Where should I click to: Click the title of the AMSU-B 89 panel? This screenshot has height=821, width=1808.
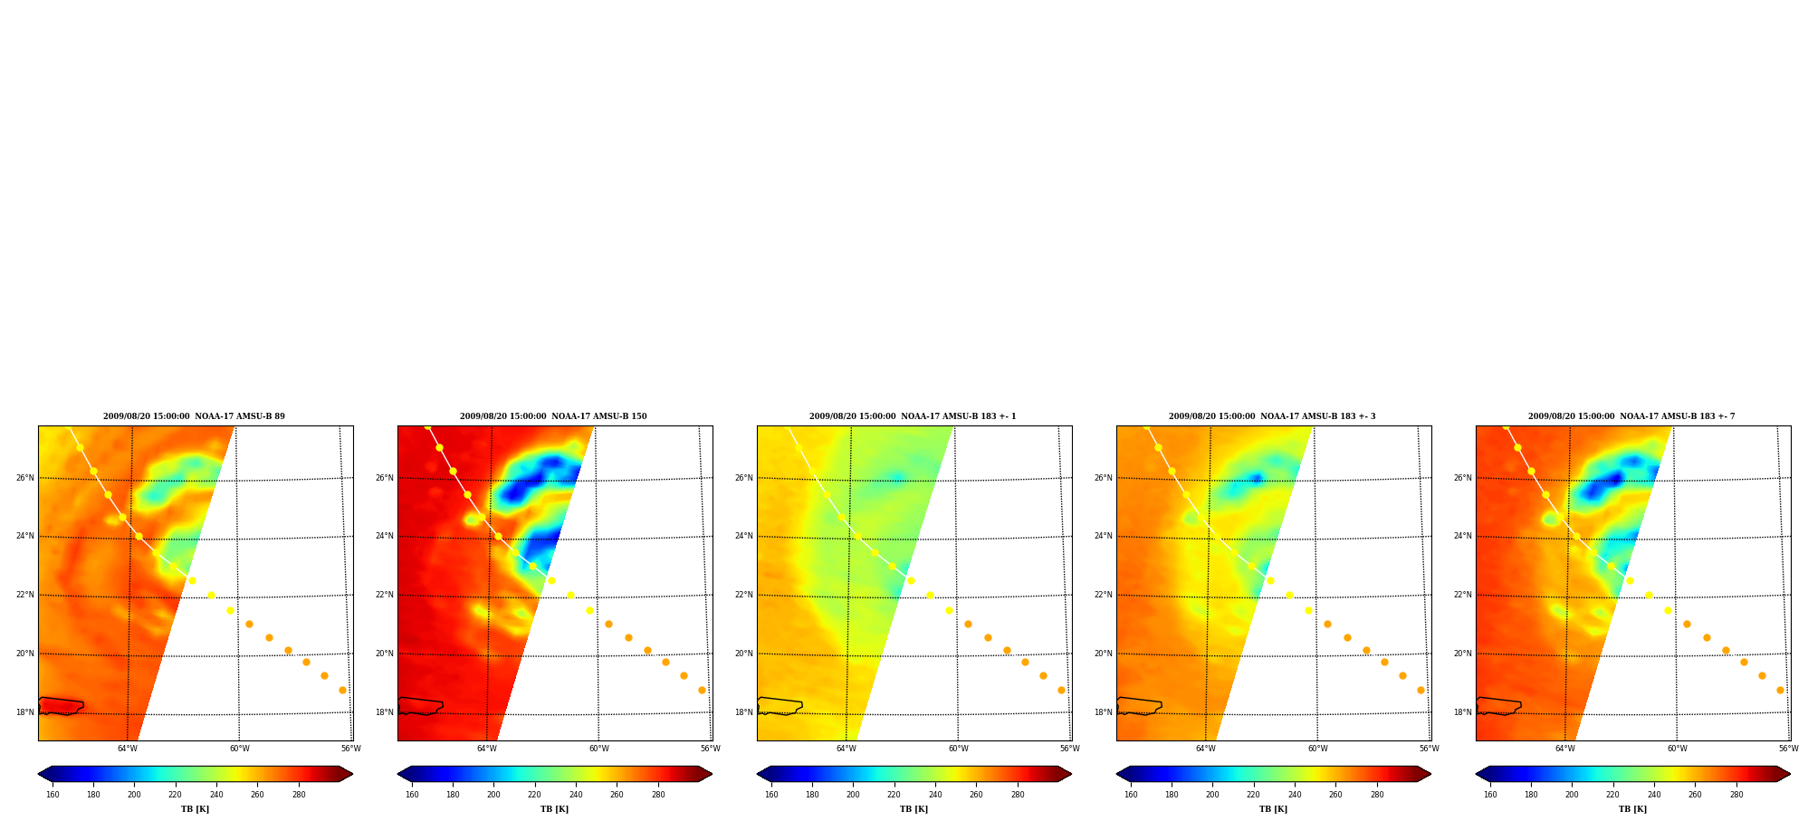194,416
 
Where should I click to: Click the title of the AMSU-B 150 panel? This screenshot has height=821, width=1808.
553,416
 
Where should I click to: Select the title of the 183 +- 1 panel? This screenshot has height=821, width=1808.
913,416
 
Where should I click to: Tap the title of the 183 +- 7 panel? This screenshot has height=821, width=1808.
1631,416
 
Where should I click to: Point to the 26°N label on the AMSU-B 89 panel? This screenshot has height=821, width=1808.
24,478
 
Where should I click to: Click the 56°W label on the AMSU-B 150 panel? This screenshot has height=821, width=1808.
710,749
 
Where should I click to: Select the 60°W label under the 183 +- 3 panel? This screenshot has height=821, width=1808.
1317,749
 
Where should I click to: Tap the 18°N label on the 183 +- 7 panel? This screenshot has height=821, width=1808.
1462,712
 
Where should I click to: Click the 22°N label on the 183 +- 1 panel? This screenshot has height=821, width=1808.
743,595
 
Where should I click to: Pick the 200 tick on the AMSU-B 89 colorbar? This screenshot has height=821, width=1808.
134,795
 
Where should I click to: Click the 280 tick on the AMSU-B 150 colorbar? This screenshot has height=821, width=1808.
658,795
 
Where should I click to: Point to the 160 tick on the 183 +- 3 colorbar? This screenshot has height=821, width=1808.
1131,795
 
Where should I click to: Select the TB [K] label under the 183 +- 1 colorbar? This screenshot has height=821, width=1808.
914,809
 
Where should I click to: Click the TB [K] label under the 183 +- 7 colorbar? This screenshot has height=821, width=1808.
1632,809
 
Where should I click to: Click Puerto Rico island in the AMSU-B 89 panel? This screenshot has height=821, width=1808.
61,706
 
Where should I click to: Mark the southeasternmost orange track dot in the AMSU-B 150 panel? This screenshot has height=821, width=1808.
702,690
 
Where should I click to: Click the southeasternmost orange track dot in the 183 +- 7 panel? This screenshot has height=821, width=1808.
1780,690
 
